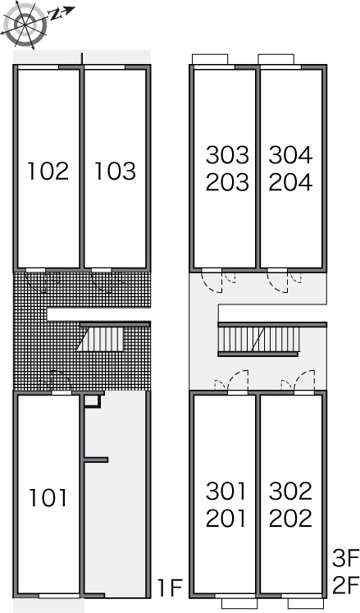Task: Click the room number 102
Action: click(x=48, y=172)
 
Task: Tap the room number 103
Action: click(x=116, y=172)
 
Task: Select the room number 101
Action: click(x=48, y=498)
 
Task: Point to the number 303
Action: click(x=227, y=155)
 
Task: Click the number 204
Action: click(x=290, y=182)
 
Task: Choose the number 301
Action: click(x=226, y=491)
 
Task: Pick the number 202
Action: click(x=290, y=518)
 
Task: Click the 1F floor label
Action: click(x=170, y=588)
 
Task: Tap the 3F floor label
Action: click(x=345, y=558)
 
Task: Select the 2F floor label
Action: click(x=345, y=585)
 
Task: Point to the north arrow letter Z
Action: click(x=55, y=15)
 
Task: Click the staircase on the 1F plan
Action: click(x=100, y=339)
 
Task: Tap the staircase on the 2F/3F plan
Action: click(x=259, y=339)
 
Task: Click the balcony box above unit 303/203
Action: click(x=210, y=59)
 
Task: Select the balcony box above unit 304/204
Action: click(x=276, y=59)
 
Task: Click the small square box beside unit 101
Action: click(x=93, y=401)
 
